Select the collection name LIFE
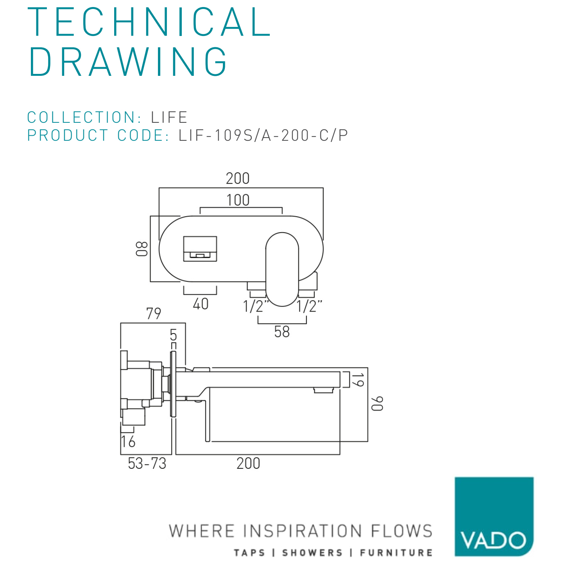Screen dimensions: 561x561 (x=169, y=117)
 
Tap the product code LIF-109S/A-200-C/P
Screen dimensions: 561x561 (x=263, y=135)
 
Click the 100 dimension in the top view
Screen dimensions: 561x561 (x=238, y=200)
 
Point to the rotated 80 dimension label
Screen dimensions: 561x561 (x=142, y=249)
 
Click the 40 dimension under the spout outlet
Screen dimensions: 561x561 (x=201, y=304)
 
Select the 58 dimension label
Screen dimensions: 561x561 (x=282, y=332)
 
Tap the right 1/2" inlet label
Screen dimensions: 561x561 (x=309, y=306)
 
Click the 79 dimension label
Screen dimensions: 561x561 (x=153, y=314)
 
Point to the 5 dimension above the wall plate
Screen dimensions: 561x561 (x=173, y=335)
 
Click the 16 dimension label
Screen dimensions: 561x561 (x=128, y=442)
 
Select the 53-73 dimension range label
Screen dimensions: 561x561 (x=147, y=464)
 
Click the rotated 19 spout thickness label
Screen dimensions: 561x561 (x=358, y=380)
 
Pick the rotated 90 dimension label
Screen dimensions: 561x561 (x=377, y=403)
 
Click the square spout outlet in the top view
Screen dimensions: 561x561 (x=200, y=249)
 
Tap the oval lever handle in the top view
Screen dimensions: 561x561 (x=282, y=269)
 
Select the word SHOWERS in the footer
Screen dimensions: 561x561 (x=312, y=552)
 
